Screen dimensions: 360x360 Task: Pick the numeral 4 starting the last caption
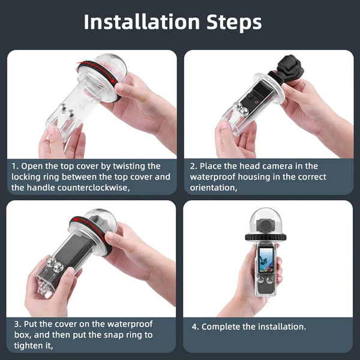[195, 327]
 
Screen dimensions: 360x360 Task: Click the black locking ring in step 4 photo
[265, 236]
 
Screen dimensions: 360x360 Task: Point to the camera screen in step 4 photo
[267, 260]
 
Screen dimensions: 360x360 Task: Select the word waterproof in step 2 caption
[215, 176]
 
